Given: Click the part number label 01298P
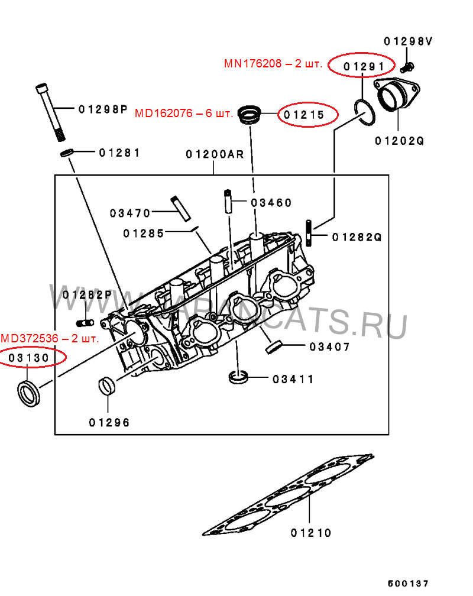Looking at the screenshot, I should click(103, 109).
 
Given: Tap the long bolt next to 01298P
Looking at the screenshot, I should click(52, 112).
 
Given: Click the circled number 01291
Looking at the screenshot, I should click(361, 66).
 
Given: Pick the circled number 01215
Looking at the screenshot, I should click(307, 115).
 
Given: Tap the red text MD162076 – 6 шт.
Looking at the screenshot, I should click(184, 113).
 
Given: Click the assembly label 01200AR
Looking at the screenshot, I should click(214, 154).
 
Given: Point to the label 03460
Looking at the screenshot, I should click(271, 203).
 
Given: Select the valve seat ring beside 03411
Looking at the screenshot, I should click(239, 377).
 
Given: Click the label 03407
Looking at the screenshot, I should click(329, 346).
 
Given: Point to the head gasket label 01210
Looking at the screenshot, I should click(311, 533).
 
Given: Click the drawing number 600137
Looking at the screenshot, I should click(407, 582).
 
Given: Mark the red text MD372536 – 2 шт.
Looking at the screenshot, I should click(50, 339).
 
